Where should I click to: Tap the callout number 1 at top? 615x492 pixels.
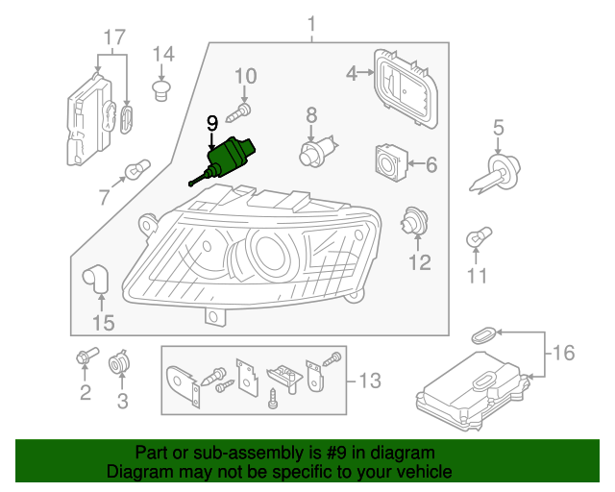[x=311, y=22]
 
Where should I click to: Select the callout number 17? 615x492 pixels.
[x=114, y=37]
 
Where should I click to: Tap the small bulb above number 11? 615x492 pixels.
[x=478, y=235]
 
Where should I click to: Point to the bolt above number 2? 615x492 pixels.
[x=85, y=357]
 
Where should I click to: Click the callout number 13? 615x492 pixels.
[x=368, y=381]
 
